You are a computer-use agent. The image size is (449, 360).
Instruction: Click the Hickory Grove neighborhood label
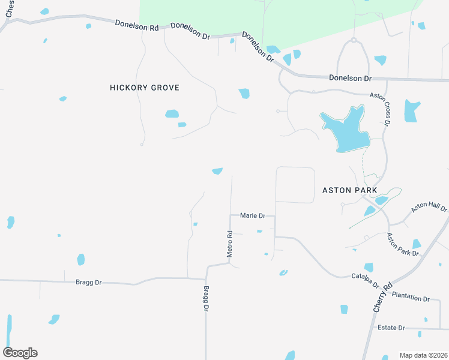145,88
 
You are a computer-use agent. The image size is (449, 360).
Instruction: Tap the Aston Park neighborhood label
349,190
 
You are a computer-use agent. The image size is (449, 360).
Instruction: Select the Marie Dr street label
252,215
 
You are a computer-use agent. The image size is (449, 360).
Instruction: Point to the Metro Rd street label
229,244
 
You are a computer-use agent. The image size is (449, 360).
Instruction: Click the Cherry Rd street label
382,296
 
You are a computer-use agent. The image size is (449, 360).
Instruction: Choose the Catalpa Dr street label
365,280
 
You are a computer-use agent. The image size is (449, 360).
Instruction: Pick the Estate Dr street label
391,328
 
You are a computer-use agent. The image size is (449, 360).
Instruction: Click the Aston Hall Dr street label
429,208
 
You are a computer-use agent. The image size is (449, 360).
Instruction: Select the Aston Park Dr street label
403,245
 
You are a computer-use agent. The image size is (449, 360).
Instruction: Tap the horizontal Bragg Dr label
89,281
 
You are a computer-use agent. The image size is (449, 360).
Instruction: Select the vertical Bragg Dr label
205,298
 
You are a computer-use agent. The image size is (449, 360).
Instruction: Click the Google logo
20,353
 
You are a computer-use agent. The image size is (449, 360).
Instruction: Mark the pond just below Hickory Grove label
172,113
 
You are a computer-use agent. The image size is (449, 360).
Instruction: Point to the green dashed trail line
363,162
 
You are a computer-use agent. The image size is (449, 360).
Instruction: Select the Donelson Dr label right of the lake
351,78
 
